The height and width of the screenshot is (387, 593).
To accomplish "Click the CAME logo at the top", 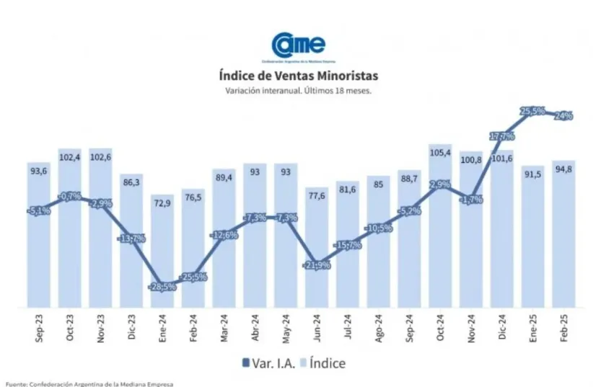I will point(297,44).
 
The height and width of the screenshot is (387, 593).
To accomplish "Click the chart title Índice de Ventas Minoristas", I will point(297,75).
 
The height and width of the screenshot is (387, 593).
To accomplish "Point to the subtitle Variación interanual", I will point(297,91).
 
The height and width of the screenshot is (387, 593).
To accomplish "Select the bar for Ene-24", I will point(162,252).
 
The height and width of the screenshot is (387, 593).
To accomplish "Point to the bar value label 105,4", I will point(440,152).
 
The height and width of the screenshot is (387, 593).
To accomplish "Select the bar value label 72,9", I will point(162,204).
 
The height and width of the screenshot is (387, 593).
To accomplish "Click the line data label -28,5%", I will point(162,287).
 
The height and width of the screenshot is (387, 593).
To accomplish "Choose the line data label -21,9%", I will point(317,265).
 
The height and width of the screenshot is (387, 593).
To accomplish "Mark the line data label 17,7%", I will point(501,135).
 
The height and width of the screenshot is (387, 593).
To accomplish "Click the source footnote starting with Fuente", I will point(89,383).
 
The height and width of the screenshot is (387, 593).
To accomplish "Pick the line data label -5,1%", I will point(38,210).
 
